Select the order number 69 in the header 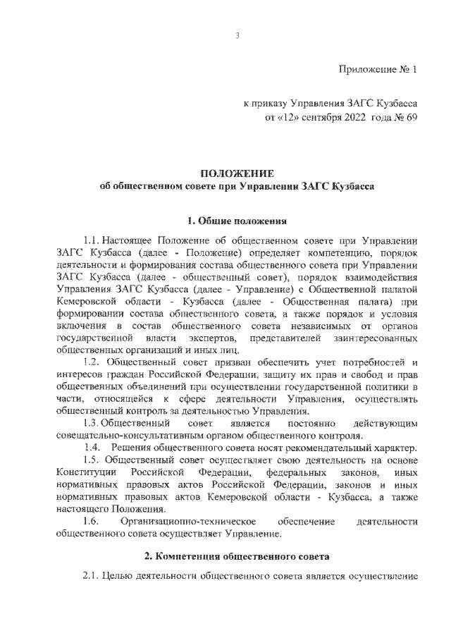412,118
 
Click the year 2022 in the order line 350,118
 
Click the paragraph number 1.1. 93,240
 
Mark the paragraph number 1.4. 92,448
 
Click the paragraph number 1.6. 92,522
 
